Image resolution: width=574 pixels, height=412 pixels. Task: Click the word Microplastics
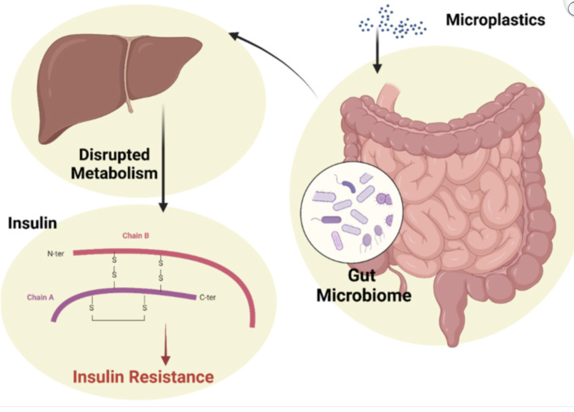coord(495,20)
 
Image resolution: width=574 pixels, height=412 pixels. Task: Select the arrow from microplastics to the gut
coord(377,53)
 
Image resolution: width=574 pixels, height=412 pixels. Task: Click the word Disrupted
coord(114,155)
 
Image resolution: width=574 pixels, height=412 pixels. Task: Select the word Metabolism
coord(114,173)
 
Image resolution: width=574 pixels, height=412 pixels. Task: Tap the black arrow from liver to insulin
coord(163,163)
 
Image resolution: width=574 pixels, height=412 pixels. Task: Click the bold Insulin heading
coord(33,223)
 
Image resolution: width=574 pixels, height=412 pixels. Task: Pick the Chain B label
coord(136,236)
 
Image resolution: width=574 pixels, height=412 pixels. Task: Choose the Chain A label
coord(40,298)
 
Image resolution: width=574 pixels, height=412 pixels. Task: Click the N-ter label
coord(56,254)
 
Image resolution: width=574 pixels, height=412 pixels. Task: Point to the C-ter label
coord(208,298)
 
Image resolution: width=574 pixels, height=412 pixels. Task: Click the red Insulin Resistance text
coord(143,377)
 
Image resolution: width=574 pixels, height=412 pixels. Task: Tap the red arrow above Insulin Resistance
coord(166,346)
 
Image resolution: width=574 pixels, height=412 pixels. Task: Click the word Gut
coord(361,276)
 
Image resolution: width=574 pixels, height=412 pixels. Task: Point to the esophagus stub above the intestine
coord(386,96)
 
